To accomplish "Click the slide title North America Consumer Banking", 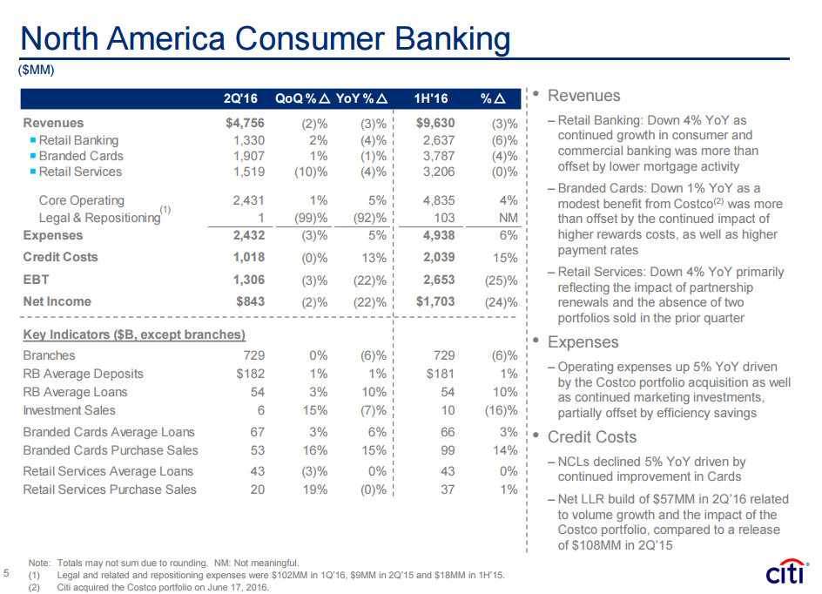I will (x=265, y=38).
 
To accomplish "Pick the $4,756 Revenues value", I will (x=245, y=123).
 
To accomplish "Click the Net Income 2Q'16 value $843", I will (x=249, y=301).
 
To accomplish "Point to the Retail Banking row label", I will (x=78, y=140).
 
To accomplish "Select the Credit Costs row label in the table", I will (x=60, y=257).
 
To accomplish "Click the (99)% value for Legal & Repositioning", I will (x=311, y=218).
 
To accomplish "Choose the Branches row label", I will (x=49, y=355).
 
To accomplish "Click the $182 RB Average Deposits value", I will (x=250, y=374).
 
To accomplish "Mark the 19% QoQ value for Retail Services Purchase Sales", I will (x=315, y=489).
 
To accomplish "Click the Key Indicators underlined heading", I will (x=134, y=334).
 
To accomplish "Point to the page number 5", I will (x=7, y=573).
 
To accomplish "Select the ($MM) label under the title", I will (x=37, y=71).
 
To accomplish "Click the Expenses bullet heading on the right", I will (x=583, y=344).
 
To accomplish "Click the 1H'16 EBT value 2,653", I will (x=438, y=280).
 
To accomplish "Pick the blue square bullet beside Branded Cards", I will (x=32, y=156).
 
